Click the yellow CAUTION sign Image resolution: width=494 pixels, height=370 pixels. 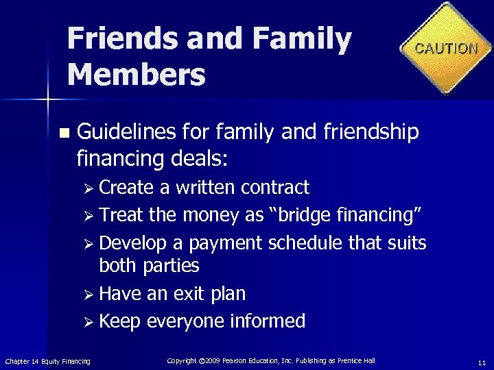click(447, 48)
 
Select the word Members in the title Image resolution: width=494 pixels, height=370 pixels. click(137, 74)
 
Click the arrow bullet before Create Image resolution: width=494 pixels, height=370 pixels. click(89, 188)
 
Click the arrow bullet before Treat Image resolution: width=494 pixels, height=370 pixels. click(89, 216)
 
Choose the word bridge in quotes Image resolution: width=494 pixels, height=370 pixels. click(305, 215)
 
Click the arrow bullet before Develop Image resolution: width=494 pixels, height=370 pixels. click(89, 243)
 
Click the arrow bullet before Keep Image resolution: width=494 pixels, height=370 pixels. click(89, 321)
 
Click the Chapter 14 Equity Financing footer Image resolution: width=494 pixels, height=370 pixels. click(47, 361)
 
